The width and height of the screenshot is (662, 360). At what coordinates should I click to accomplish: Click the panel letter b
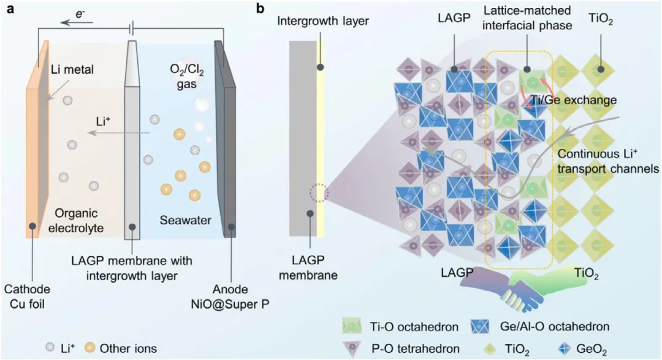point(261,9)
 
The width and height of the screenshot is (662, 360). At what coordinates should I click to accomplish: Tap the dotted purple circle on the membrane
point(319,193)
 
